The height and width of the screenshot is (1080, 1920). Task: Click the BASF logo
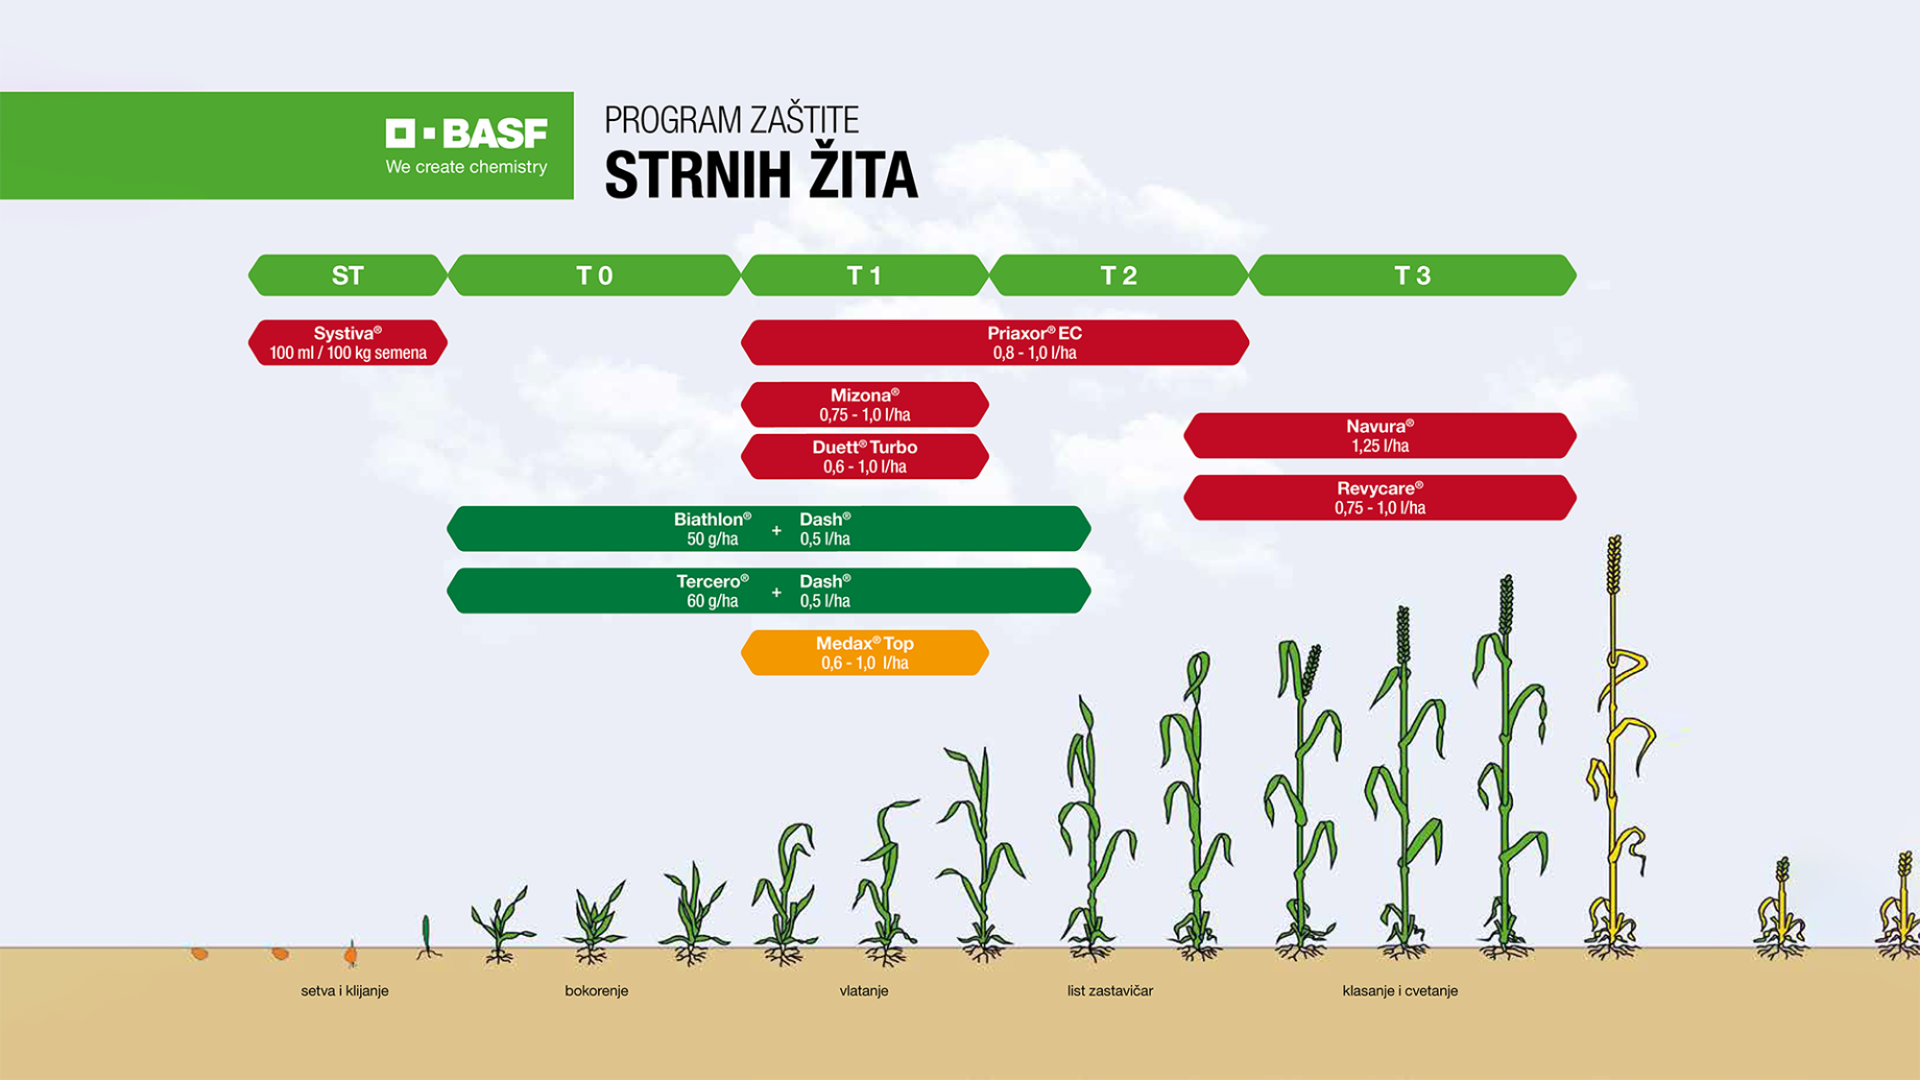coord(467,133)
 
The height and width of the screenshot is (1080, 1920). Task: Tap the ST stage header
coord(348,276)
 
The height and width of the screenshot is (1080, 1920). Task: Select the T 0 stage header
coord(594,276)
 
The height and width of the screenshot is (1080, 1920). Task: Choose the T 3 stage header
coord(1412,276)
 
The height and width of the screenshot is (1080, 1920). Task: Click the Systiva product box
coord(348,343)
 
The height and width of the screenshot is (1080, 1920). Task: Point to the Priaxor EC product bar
coord(995,343)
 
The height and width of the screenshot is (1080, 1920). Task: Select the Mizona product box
coord(864,404)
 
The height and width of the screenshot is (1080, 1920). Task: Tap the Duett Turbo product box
coord(864,457)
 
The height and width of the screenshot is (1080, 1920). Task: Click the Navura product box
coord(1380,436)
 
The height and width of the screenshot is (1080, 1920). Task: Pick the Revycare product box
coord(1380,497)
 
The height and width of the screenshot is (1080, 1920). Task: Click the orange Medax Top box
coord(864,653)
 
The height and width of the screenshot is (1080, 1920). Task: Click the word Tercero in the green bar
coord(711,582)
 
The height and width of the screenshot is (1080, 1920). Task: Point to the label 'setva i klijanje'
coord(345,991)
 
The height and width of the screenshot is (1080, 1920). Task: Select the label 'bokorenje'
coord(596,991)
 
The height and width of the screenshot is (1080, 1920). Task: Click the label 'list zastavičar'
coord(1110,991)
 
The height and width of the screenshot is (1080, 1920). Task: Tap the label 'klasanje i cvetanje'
coord(1400,991)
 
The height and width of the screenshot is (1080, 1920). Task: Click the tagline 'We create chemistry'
coord(467,167)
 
